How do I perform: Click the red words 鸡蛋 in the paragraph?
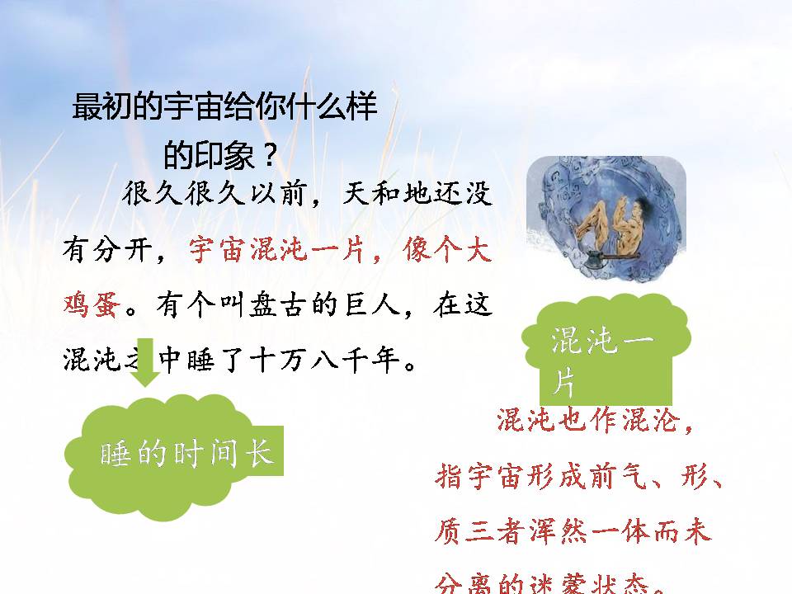(x=93, y=304)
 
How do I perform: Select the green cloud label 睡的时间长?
(x=186, y=453)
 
